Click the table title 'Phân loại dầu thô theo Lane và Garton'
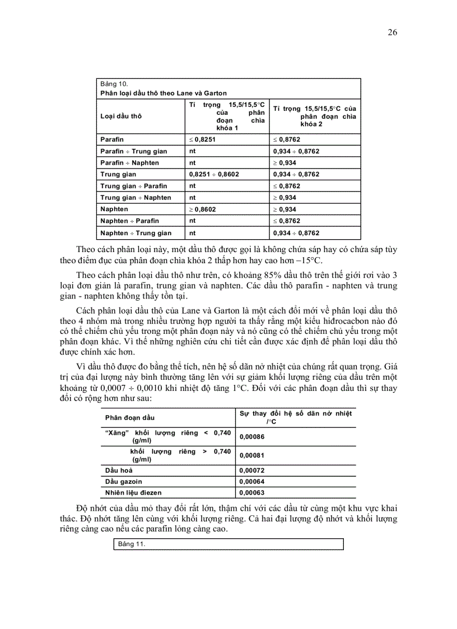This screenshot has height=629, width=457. tap(164, 93)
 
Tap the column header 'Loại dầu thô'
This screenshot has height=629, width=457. tap(121, 116)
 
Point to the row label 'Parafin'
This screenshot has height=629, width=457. tap(112, 139)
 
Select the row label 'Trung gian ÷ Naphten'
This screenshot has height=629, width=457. tap(136, 198)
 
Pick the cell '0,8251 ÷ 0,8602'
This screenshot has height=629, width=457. tap(214, 174)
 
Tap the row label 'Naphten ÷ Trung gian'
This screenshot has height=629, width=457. tap(136, 233)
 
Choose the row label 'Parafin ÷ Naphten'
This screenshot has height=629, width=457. tap(129, 162)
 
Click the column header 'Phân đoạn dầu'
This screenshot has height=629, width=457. tap(130, 418)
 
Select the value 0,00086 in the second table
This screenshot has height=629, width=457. tap(251, 437)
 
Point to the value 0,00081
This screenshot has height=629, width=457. tap(251, 455)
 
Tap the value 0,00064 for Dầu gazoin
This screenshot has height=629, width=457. tap(251, 481)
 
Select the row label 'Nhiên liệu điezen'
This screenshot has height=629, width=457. tap(133, 493)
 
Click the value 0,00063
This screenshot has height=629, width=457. tap(251, 493)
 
